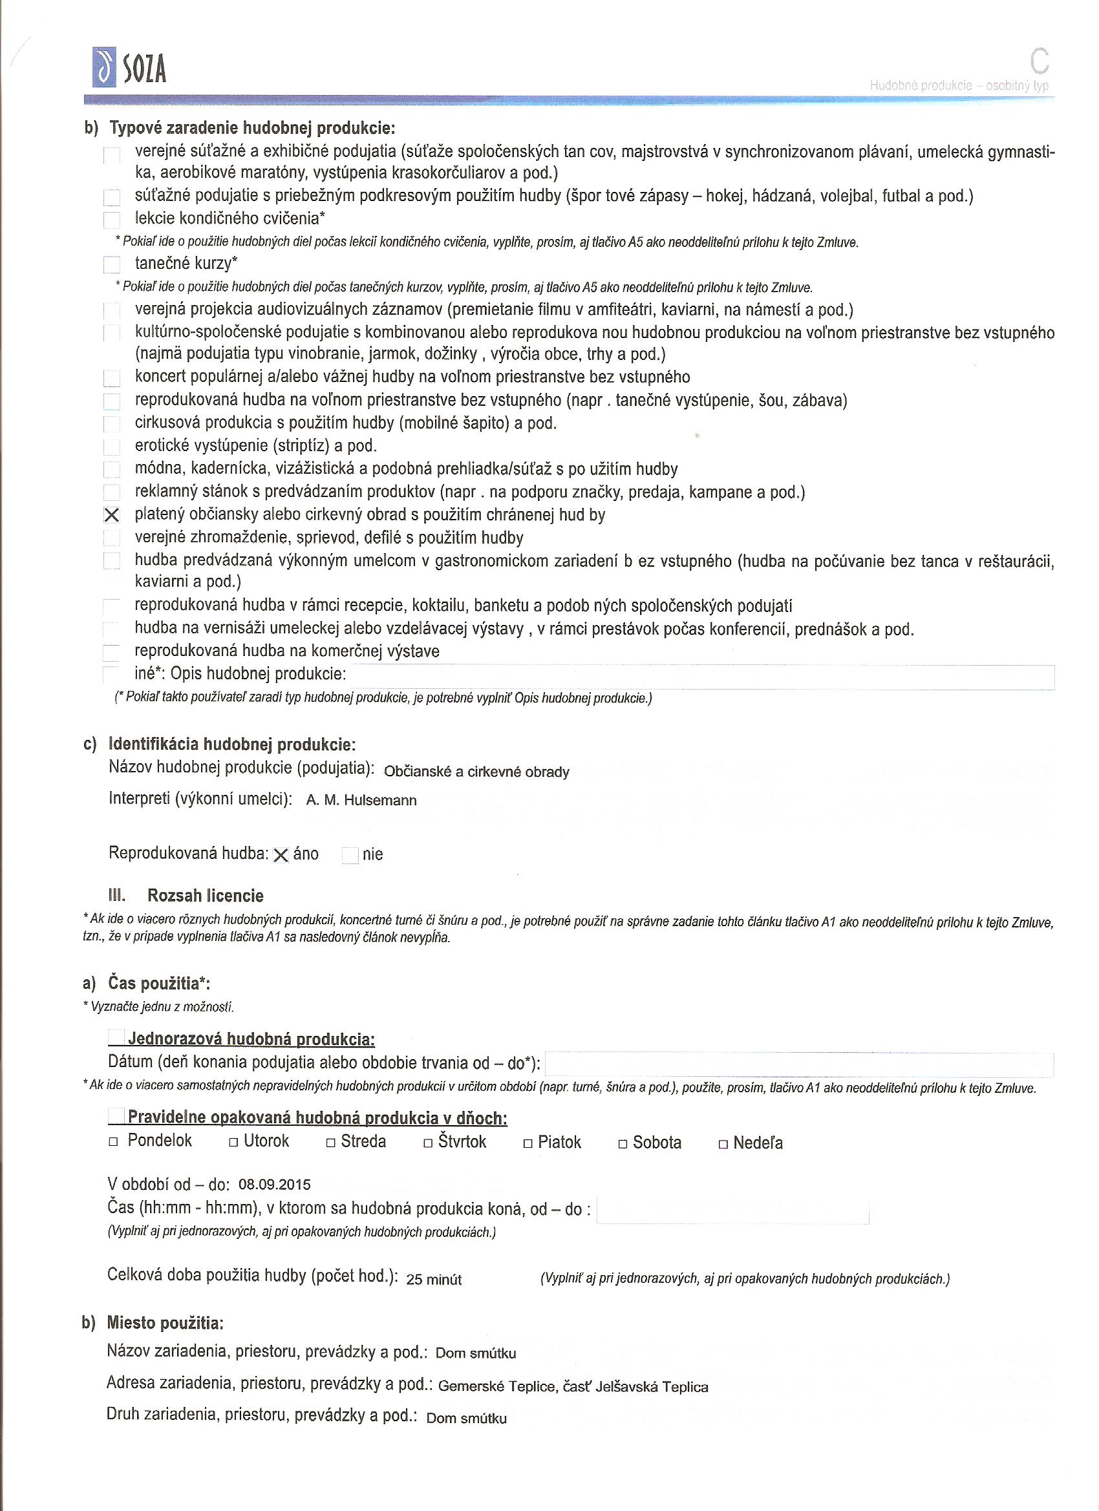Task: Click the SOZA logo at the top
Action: pos(129,67)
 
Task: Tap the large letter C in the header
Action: pos(1038,62)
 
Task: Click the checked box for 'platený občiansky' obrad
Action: pos(112,515)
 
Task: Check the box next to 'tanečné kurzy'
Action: pos(111,265)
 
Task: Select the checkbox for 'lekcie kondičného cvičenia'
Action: pos(111,220)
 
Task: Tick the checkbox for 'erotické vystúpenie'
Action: pos(111,447)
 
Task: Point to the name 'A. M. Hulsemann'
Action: pos(361,800)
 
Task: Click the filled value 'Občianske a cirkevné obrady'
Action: pos(476,772)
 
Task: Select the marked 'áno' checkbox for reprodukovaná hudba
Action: pos(281,856)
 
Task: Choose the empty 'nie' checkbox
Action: pos(350,856)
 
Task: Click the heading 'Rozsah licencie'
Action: pos(206,895)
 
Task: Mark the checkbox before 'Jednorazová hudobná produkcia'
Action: pos(116,1038)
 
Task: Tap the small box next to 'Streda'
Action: pos(330,1143)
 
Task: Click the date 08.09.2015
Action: pos(275,1185)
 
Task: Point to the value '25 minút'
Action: pos(434,1279)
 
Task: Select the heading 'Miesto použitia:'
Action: pos(165,1322)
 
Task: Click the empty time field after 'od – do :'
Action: pos(732,1210)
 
